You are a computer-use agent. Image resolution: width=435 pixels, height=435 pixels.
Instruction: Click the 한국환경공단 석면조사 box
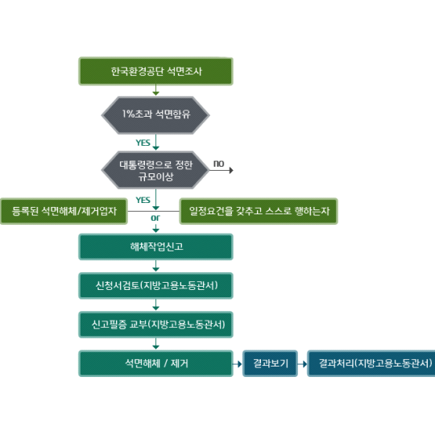[155, 72]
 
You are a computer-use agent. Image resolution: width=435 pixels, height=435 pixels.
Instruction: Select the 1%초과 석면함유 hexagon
[155, 115]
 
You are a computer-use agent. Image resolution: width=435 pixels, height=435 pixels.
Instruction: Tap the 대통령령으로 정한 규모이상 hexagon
[155, 170]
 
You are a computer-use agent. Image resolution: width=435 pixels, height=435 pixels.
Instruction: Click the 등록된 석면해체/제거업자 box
[64, 211]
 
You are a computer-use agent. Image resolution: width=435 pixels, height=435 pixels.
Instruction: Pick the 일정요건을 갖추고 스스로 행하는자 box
[259, 211]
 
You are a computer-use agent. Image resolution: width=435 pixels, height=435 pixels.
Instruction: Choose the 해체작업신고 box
[155, 247]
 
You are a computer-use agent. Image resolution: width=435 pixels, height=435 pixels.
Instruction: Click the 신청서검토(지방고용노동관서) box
[155, 286]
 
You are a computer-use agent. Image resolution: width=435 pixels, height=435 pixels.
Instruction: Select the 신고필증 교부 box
[155, 325]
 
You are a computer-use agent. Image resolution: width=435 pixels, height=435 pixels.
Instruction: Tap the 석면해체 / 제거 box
[155, 363]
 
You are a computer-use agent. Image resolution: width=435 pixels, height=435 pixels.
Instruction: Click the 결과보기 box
[270, 363]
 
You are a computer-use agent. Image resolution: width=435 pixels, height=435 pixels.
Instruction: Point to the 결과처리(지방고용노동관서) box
[371, 363]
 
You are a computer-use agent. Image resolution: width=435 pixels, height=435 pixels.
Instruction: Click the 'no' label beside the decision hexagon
[218, 164]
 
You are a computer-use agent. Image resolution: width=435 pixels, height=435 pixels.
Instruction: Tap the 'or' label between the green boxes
[155, 218]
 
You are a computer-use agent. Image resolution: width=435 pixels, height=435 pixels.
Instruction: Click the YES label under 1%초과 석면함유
[143, 143]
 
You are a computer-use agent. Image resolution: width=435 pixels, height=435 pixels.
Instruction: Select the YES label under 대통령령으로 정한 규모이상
[143, 200]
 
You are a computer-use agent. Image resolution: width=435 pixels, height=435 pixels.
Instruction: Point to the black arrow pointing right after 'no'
[221, 170]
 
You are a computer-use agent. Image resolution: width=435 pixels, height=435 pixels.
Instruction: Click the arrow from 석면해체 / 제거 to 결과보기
[237, 363]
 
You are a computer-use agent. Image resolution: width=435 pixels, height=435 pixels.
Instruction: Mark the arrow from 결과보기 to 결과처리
[302, 363]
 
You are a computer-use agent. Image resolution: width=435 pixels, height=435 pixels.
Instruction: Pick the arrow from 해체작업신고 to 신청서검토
[156, 266]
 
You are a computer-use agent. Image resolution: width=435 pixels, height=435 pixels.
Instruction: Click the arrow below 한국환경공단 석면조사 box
[156, 90]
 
